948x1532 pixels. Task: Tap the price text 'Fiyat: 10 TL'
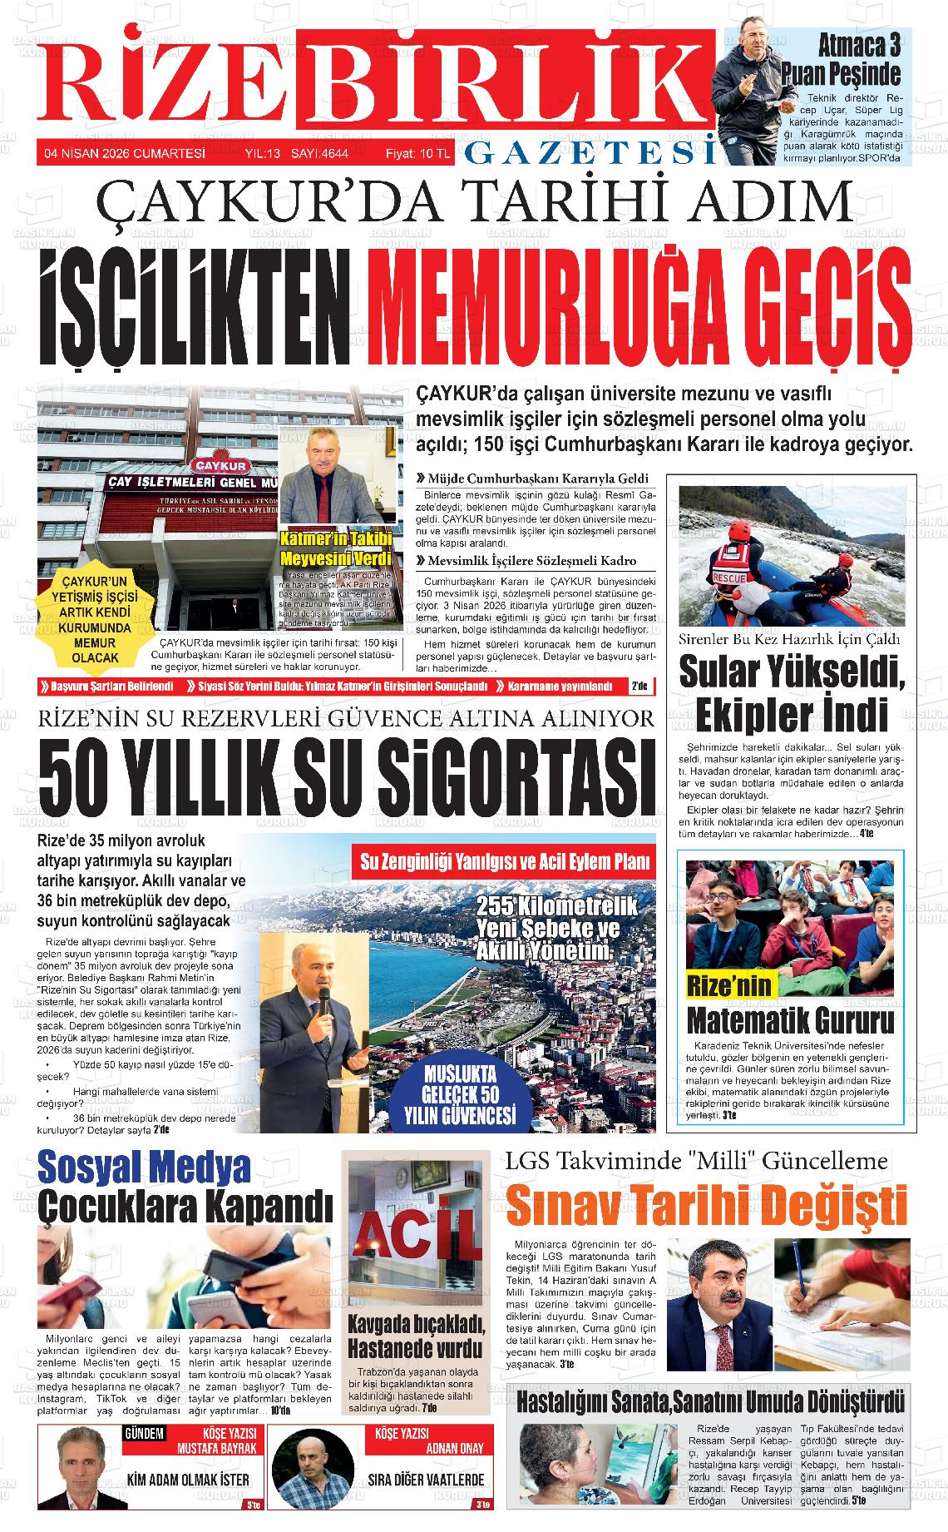[417, 153]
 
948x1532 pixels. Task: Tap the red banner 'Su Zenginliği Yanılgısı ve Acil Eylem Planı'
[505, 862]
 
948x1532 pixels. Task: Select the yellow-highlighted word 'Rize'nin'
[728, 986]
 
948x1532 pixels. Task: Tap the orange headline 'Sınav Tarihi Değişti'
[706, 1206]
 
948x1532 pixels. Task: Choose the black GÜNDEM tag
[143, 1433]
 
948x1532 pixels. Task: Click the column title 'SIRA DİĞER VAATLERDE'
[426, 1480]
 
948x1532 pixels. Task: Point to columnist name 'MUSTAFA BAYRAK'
[218, 1447]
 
